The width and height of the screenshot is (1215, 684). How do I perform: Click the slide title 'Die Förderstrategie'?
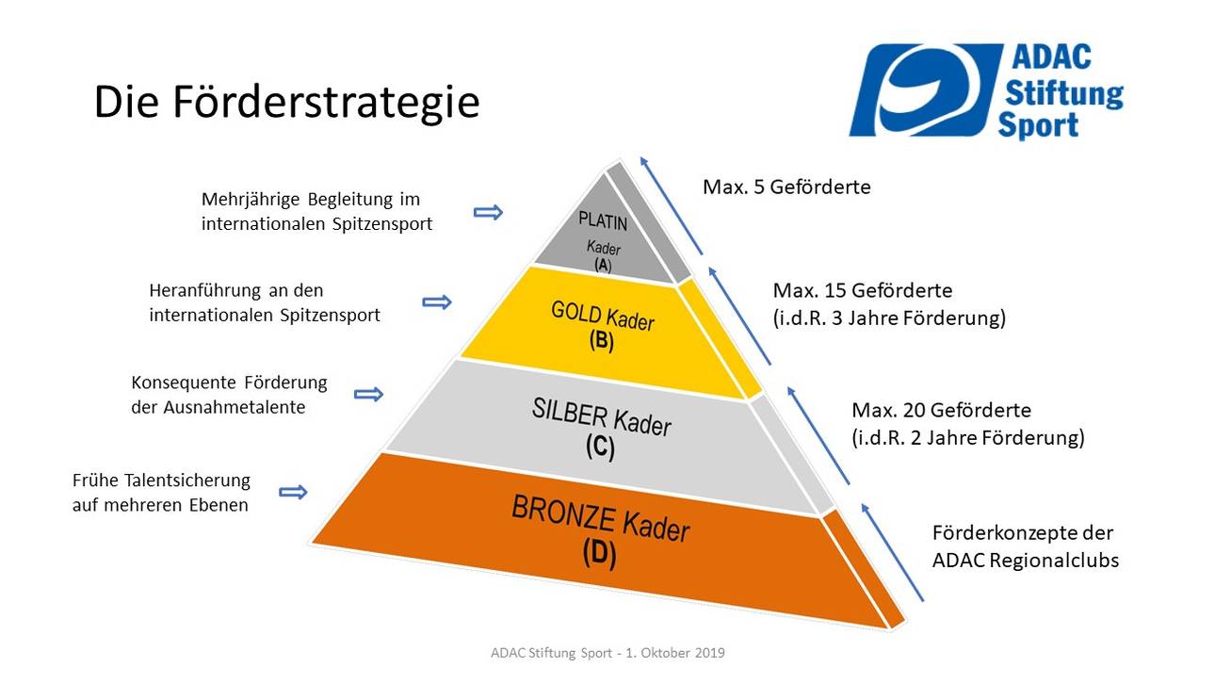(x=286, y=103)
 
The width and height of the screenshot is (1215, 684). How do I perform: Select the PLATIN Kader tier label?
(x=602, y=223)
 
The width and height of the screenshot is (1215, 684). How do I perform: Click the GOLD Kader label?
(x=602, y=317)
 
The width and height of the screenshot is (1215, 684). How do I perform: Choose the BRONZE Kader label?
(x=600, y=518)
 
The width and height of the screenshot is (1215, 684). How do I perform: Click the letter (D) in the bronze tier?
(x=599, y=553)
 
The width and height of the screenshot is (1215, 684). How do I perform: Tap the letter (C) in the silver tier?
(x=600, y=448)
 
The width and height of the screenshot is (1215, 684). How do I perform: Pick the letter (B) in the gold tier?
(x=601, y=342)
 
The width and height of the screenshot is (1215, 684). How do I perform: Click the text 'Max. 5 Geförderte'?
(x=786, y=187)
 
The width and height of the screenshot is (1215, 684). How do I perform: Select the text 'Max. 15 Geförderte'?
(x=862, y=289)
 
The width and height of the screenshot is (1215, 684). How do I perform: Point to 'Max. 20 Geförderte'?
(x=941, y=411)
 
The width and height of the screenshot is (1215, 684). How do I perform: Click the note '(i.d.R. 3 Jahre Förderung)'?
(x=889, y=318)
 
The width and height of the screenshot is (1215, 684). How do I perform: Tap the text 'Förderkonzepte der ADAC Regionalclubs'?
(x=1025, y=546)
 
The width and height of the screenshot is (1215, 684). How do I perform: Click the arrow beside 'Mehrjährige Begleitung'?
(x=488, y=213)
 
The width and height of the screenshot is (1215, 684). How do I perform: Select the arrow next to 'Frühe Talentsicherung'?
(x=294, y=492)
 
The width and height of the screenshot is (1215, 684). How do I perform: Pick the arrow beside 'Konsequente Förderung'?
(x=368, y=395)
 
